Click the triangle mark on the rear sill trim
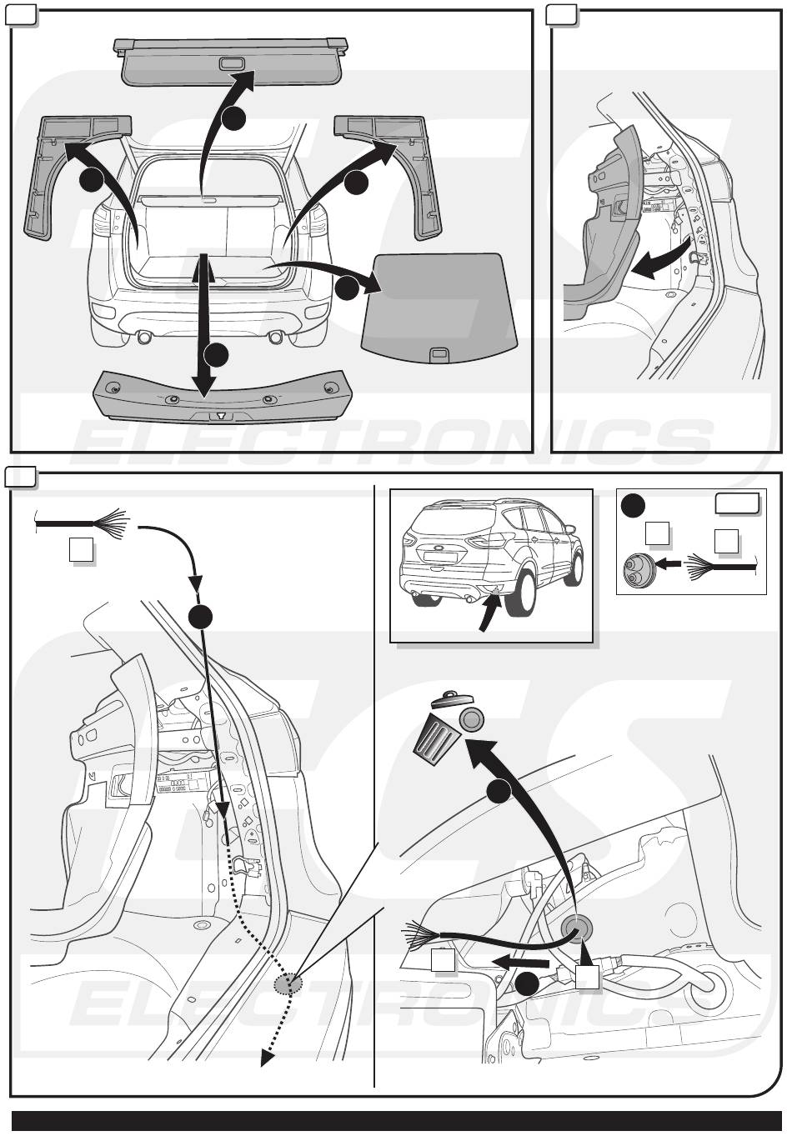(x=218, y=415)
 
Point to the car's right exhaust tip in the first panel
(x=274, y=337)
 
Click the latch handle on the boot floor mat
(x=437, y=356)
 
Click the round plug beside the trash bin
(x=473, y=718)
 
